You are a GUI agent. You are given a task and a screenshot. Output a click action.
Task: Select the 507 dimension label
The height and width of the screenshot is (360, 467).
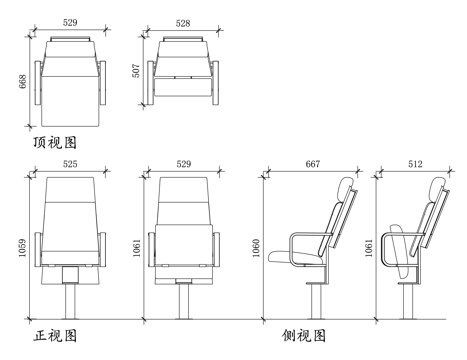(x=137, y=72)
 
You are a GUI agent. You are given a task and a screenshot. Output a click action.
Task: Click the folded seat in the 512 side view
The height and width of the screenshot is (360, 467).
(x=397, y=250)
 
